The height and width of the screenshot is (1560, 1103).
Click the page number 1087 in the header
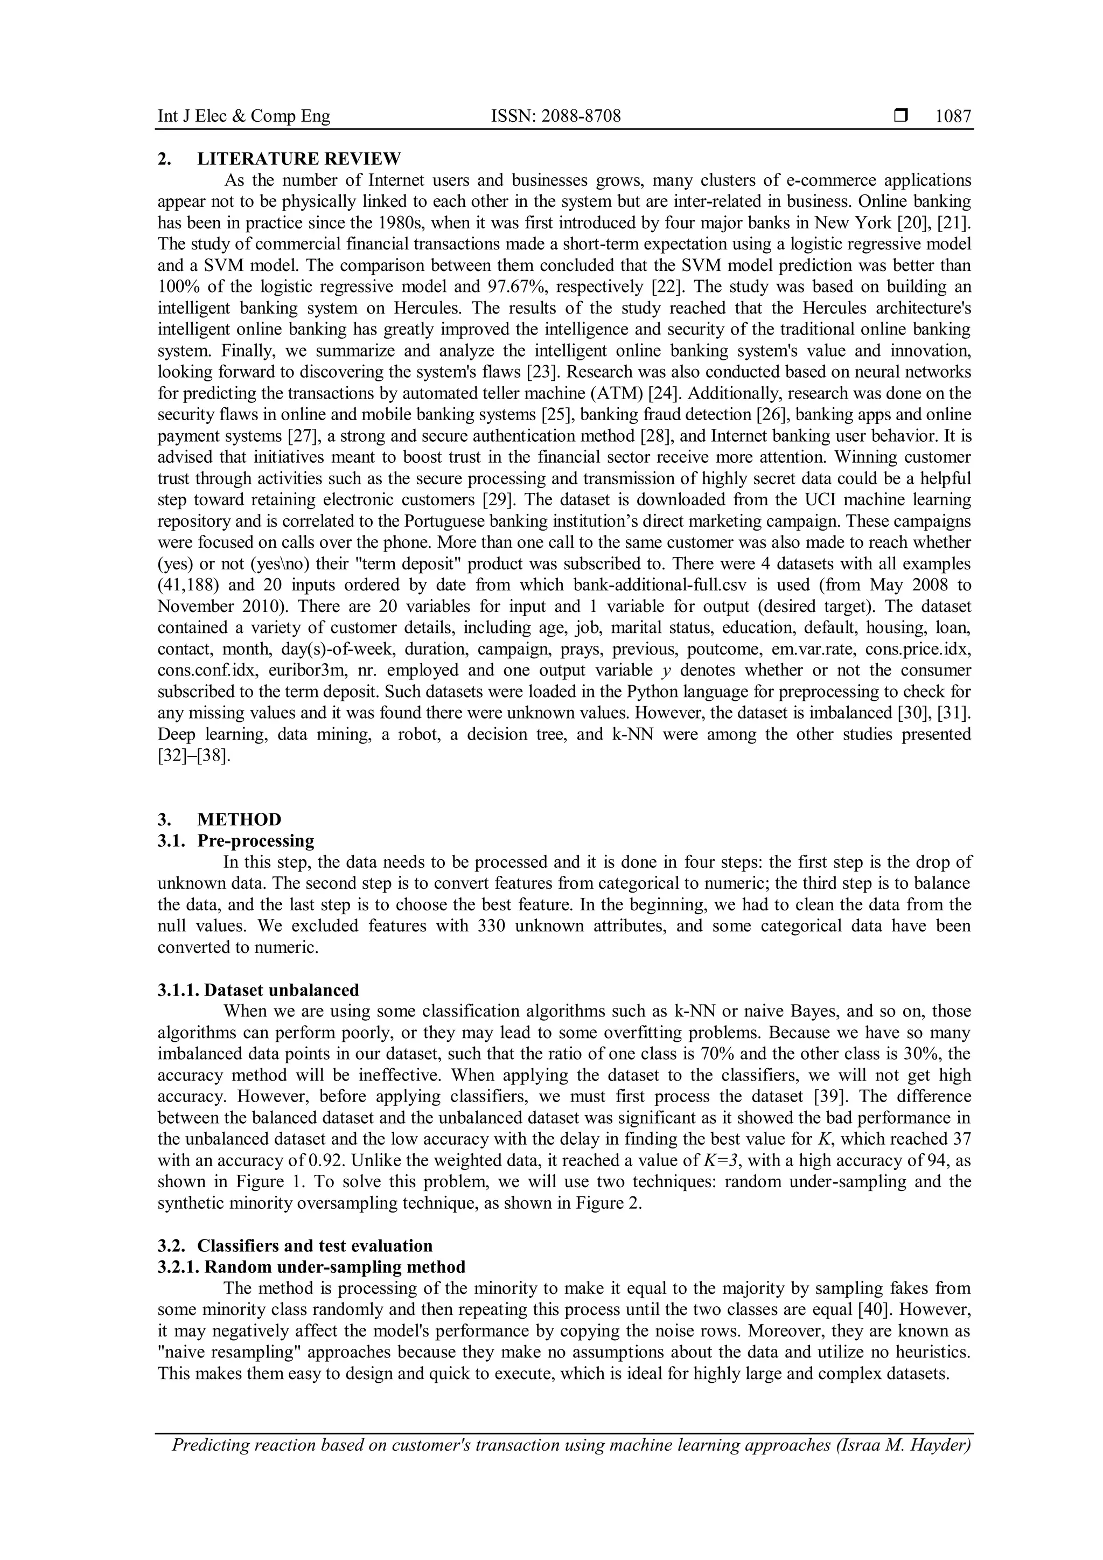point(953,117)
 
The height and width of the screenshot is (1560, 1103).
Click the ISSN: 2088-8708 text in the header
point(556,117)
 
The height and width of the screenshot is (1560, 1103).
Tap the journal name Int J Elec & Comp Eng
point(244,117)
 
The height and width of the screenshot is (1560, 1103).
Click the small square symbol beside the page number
point(900,116)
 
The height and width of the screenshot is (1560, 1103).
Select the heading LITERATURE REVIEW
point(299,159)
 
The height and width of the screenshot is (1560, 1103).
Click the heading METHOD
point(239,819)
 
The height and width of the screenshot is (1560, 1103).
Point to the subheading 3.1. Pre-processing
point(236,841)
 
